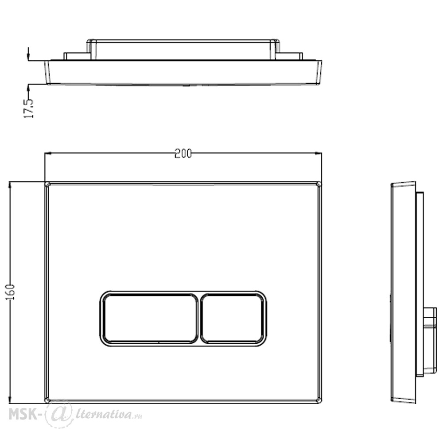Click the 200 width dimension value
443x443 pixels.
[x=183, y=153]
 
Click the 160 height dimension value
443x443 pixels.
[x=11, y=292]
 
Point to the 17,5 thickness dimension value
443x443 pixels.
[x=28, y=108]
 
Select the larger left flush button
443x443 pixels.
[x=150, y=318]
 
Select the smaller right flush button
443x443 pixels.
[x=233, y=318]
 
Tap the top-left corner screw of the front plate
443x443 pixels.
[x=47, y=184]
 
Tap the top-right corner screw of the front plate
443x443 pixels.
[x=319, y=184]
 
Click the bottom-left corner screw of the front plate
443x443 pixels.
[x=47, y=400]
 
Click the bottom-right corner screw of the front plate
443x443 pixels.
[x=319, y=400]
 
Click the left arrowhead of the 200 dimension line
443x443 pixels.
[x=48, y=153]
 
